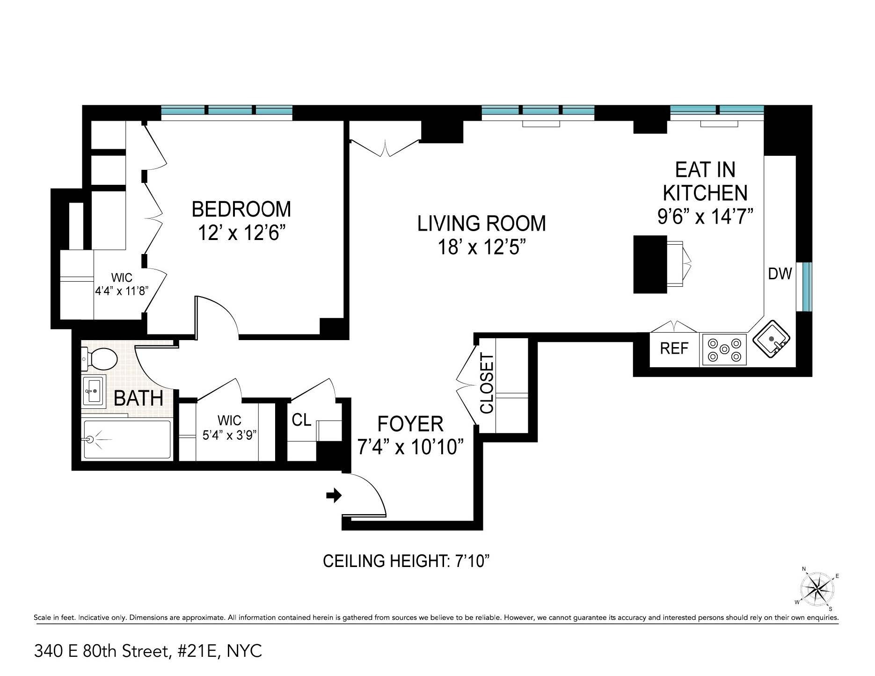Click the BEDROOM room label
[x=241, y=209]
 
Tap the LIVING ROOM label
[x=481, y=224]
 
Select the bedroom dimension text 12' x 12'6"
[x=241, y=233]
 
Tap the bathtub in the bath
[x=126, y=439]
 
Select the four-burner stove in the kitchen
[x=723, y=350]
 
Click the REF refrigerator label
[x=674, y=349]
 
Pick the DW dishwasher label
[x=780, y=274]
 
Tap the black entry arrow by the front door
[x=334, y=496]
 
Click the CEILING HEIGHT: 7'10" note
[x=406, y=561]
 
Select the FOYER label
[x=410, y=424]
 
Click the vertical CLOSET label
[x=487, y=384]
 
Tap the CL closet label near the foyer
[x=301, y=420]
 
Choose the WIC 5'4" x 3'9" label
[x=229, y=427]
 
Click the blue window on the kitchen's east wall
[x=807, y=287]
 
